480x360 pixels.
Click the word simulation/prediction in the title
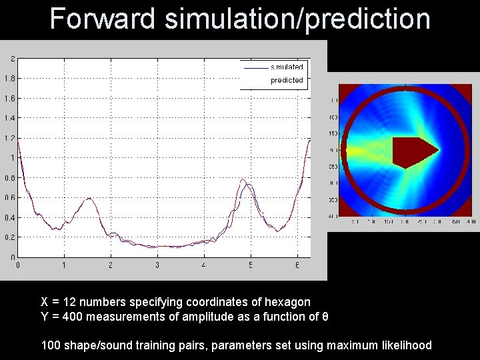(x=297, y=19)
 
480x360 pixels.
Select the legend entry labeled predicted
(x=287, y=80)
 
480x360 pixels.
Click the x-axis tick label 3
(x=157, y=265)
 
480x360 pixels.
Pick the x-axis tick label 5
(x=251, y=265)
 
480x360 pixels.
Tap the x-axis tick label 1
(x=64, y=265)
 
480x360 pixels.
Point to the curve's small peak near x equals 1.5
(x=88, y=198)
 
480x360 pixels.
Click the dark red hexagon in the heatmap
(x=411, y=151)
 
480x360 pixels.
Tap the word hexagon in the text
(x=288, y=302)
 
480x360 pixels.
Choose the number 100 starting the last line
(x=51, y=345)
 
